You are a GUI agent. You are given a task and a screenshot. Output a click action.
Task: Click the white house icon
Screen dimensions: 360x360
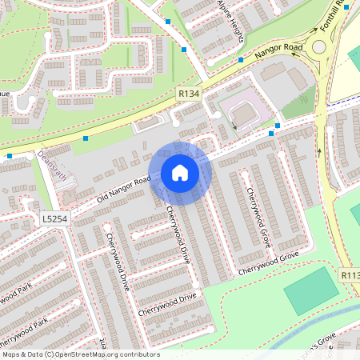pyautogui.click(x=180, y=173)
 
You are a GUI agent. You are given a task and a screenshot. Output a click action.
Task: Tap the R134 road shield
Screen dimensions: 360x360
pyautogui.click(x=188, y=94)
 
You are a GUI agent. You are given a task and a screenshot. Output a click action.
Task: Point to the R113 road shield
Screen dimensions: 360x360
pyautogui.click(x=350, y=274)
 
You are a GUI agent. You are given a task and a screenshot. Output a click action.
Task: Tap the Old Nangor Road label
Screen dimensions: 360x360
pyautogui.click(x=124, y=188)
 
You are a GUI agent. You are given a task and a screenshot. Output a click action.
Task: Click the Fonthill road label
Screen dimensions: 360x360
pyautogui.click(x=330, y=18)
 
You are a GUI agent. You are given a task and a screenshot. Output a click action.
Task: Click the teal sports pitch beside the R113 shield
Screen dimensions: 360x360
pyautogui.click(x=311, y=290)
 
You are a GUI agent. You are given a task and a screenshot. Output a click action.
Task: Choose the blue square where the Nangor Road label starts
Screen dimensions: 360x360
pyautogui.click(x=240, y=59)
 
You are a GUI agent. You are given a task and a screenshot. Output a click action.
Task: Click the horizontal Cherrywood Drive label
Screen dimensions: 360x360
pyautogui.click(x=166, y=304)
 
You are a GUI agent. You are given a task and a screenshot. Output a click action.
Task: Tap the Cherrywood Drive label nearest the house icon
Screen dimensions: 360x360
pyautogui.click(x=177, y=235)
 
